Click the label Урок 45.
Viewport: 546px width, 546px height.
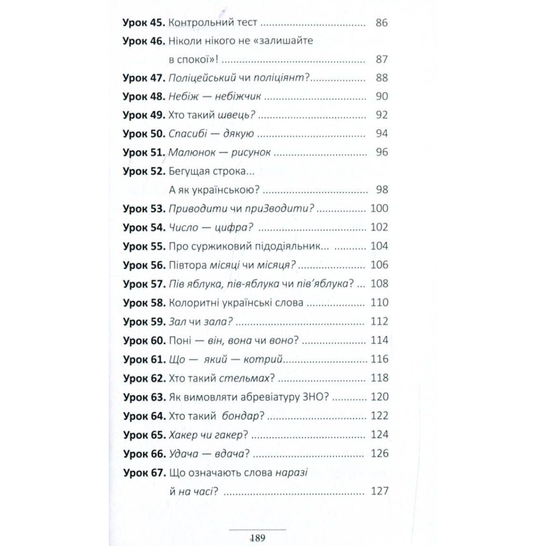143,22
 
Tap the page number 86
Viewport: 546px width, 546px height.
381,22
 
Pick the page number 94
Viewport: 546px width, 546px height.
381,134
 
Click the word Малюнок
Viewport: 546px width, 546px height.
192,152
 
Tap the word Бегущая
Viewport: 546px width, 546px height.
190,171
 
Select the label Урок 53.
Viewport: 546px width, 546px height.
143,208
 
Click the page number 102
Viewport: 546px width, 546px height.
379,227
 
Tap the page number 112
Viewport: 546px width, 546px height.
379,321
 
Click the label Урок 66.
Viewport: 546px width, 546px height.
143,454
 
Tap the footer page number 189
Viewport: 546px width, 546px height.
258,538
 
